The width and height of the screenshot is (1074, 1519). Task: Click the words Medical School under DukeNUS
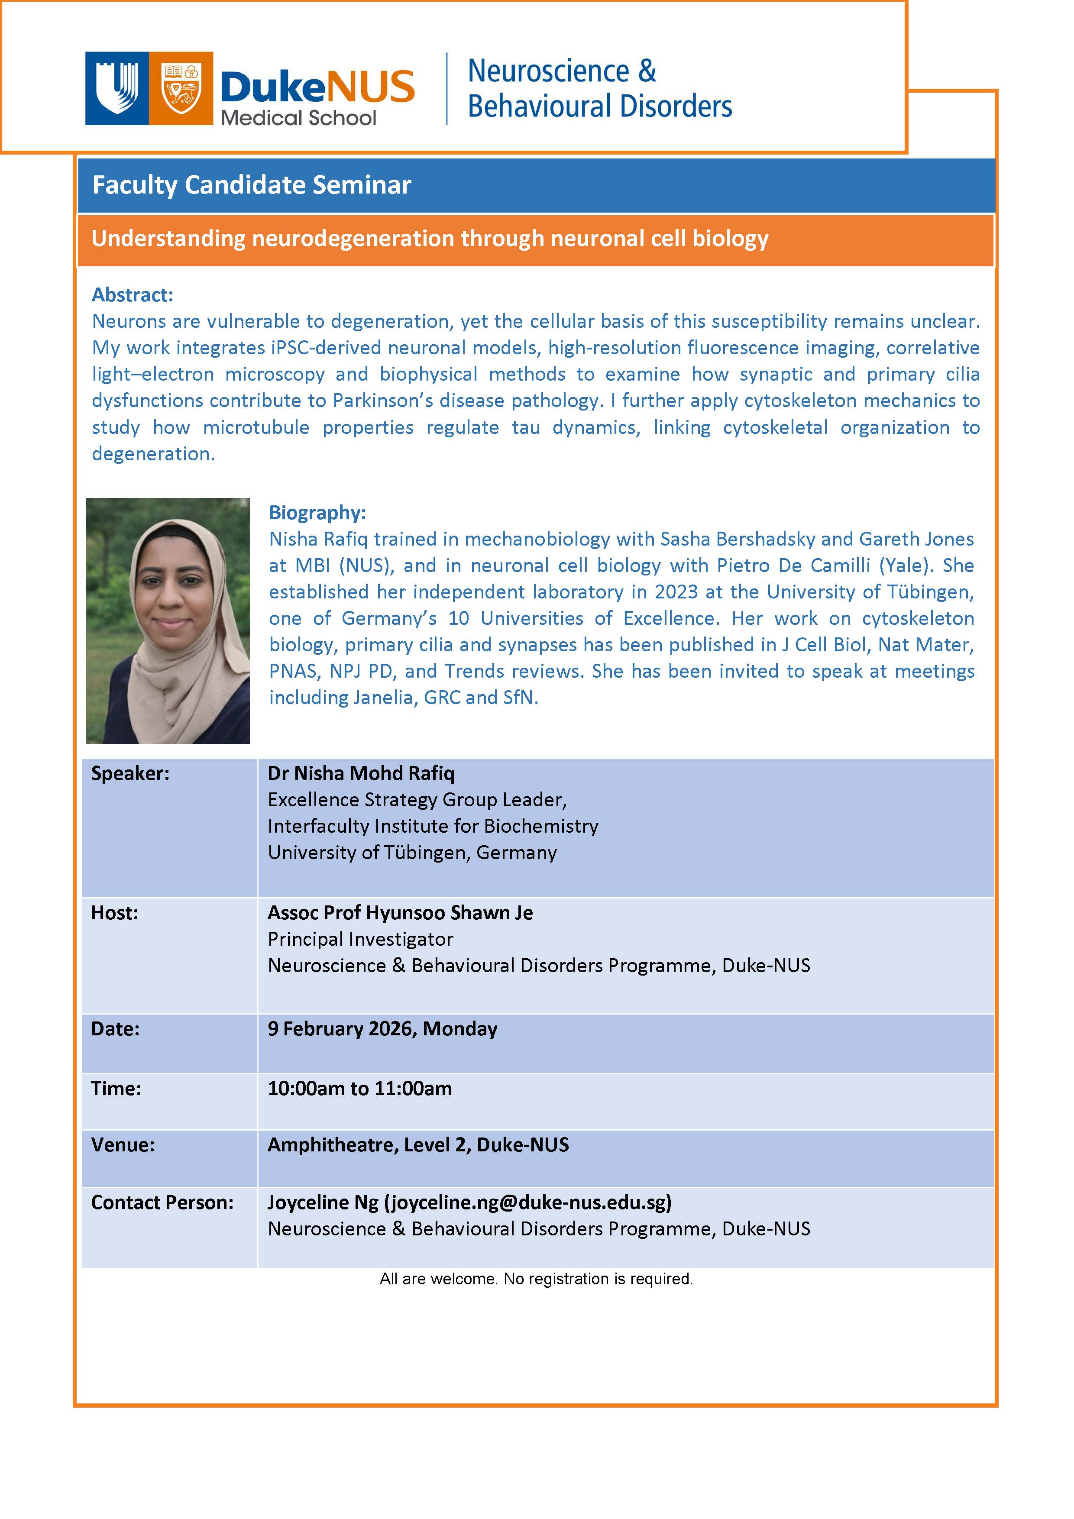click(298, 118)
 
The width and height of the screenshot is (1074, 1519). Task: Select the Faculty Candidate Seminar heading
click(252, 185)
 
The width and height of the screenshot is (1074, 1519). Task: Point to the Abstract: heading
click(133, 294)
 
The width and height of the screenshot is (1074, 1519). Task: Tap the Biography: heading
click(317, 513)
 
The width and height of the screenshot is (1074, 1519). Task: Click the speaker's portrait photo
click(168, 621)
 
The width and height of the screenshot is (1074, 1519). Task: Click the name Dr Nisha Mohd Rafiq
click(361, 773)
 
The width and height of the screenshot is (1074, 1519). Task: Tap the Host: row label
click(114, 913)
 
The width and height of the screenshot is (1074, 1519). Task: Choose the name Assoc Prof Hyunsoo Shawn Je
click(400, 913)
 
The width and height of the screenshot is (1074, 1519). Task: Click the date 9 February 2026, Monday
click(382, 1029)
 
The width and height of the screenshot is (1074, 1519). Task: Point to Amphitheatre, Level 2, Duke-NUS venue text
click(417, 1145)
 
